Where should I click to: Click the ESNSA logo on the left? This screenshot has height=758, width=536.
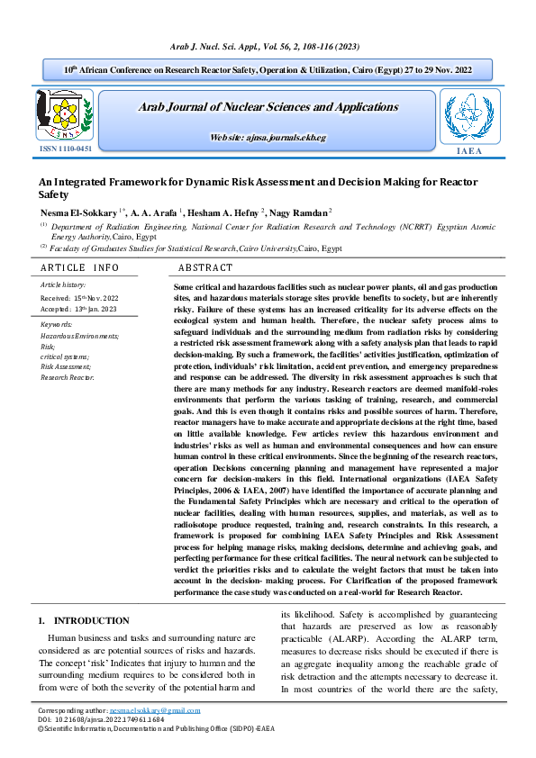[64, 113]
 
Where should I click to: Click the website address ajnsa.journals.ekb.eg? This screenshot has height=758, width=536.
[268, 137]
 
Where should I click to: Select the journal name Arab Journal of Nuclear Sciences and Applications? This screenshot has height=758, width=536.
[268, 107]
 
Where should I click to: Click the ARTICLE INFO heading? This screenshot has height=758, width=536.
[80, 268]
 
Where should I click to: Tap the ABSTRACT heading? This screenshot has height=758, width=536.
[205, 268]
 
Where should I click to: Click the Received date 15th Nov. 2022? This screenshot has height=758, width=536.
[80, 296]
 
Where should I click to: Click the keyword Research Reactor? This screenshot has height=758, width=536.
[68, 378]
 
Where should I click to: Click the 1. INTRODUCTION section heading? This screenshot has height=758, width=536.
[84, 621]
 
